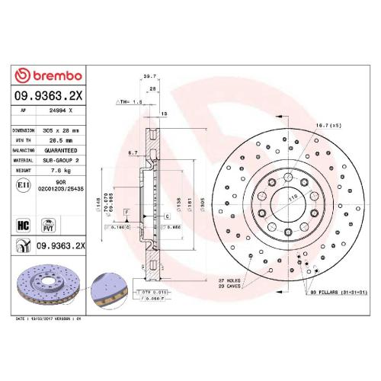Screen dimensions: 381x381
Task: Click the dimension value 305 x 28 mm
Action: coord(62,130)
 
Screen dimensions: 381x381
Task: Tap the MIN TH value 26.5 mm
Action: coord(62,140)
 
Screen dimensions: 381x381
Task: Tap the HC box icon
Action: coord(23,225)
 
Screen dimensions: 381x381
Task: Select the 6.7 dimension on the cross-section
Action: coord(133,153)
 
